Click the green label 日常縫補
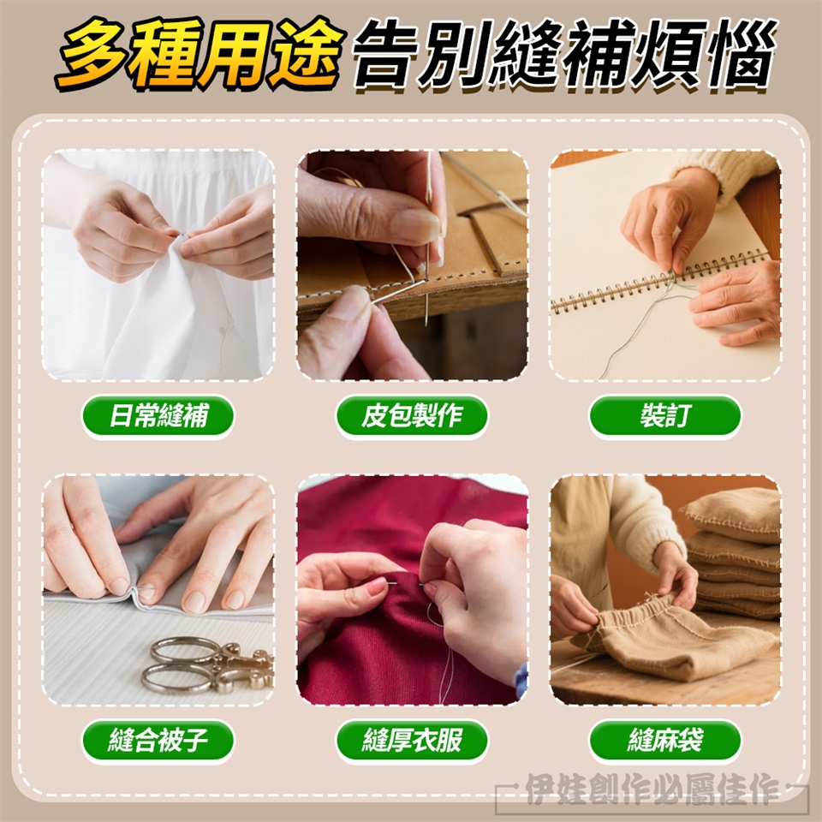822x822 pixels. [158, 416]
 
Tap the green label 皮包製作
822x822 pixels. [412, 416]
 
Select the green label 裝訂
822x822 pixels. [665, 416]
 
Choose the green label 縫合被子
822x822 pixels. [158, 740]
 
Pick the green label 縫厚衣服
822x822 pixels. [412, 740]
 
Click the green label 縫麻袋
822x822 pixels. [665, 740]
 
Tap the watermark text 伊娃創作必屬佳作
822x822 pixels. [652, 789]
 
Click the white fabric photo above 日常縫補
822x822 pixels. [158, 265]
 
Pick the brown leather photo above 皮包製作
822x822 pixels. [412, 265]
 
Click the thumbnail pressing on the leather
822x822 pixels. [417, 226]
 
